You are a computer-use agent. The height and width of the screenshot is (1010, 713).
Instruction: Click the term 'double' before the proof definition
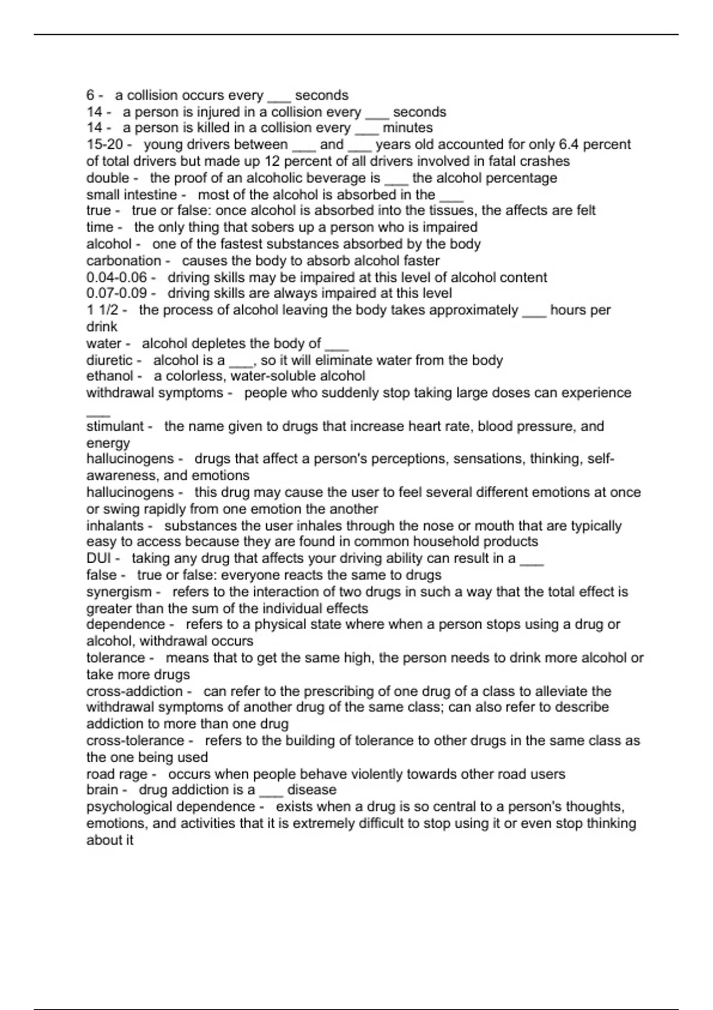tap(108, 178)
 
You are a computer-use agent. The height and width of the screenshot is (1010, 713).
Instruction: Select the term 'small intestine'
tap(131, 194)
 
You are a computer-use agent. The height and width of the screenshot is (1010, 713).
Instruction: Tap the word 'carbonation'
tap(124, 260)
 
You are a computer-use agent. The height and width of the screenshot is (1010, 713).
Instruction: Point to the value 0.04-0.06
tap(116, 277)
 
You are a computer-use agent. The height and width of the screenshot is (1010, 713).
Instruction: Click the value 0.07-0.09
tap(116, 293)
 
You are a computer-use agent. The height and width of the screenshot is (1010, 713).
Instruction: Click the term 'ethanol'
tap(109, 375)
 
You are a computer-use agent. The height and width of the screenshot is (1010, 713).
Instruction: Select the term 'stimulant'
tap(115, 426)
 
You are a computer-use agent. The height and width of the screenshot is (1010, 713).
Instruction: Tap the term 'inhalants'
tap(115, 525)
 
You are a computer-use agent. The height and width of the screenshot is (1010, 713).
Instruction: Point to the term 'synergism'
tap(119, 592)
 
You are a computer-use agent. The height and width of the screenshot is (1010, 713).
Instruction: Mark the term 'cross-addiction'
tap(134, 691)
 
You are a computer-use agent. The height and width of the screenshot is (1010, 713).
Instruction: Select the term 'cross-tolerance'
tap(135, 740)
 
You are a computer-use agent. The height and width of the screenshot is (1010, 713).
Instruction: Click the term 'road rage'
tap(116, 774)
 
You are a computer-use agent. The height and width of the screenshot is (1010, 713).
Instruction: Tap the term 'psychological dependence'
tap(171, 806)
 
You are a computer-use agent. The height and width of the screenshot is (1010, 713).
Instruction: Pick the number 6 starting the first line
tap(90, 95)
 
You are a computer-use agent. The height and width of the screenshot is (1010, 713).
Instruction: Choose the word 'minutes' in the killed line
tap(408, 127)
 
